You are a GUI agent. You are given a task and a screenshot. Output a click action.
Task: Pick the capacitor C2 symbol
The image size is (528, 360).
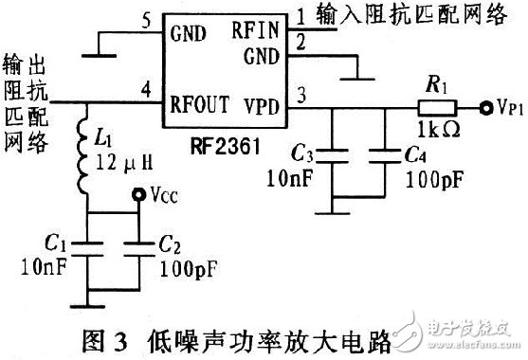click(x=139, y=249)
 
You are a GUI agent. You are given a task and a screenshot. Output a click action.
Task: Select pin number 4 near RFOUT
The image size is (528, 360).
click(x=145, y=90)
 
